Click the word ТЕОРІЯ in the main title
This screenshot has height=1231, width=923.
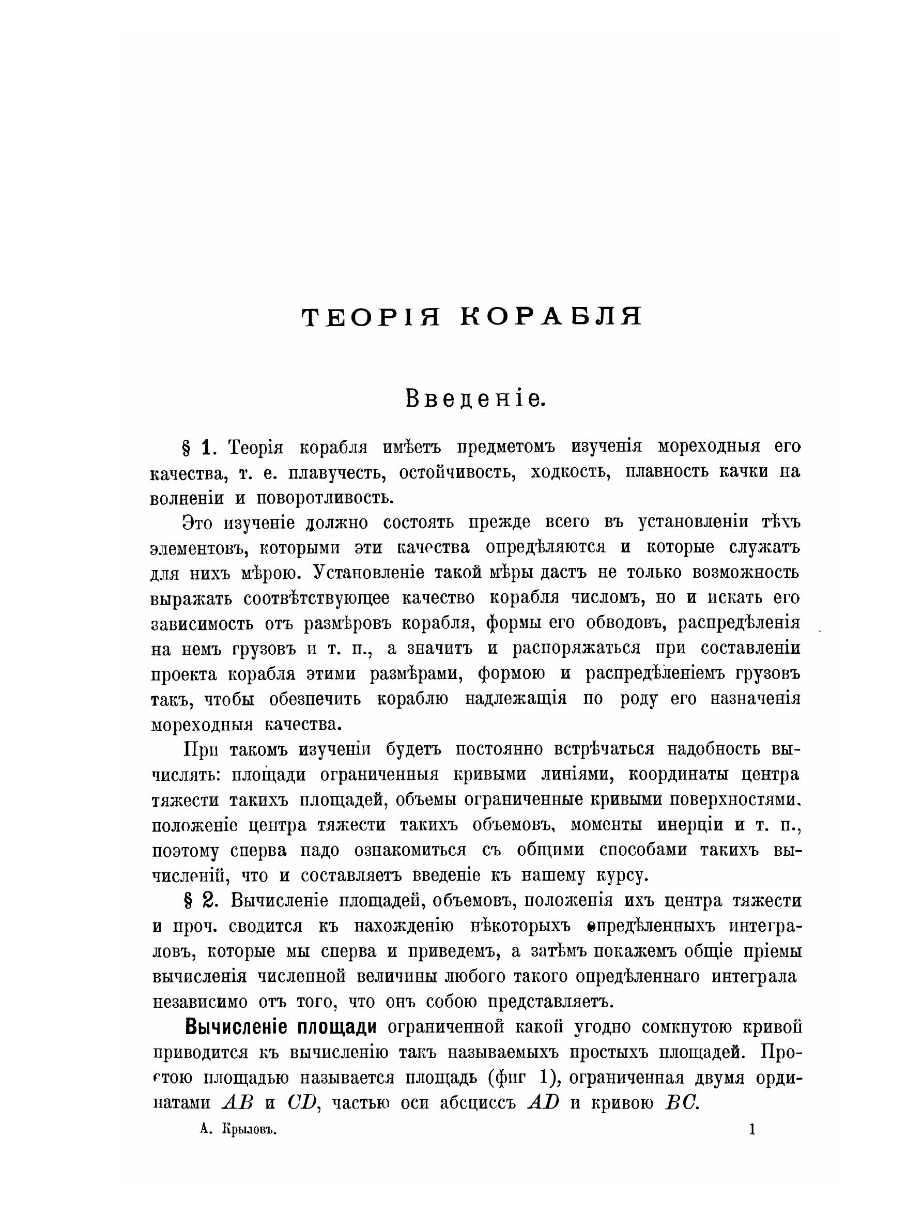pyautogui.click(x=371, y=317)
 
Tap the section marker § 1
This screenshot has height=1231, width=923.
pyautogui.click(x=198, y=447)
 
